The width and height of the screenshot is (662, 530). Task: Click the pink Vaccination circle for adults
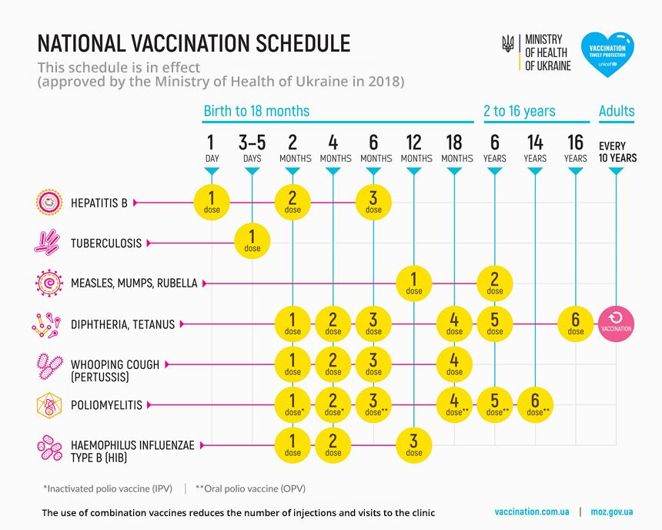tap(616, 323)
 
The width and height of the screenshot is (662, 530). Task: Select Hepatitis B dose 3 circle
tap(373, 202)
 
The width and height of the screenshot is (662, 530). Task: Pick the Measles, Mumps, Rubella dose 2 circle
tap(495, 283)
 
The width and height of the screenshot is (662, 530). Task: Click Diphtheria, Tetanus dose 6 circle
tap(576, 323)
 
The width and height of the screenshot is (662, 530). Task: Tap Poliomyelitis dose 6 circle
tap(535, 404)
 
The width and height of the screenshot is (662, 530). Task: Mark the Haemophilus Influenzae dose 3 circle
tap(414, 444)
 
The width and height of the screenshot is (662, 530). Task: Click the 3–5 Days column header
tap(252, 149)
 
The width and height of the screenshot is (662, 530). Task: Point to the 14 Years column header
tap(535, 149)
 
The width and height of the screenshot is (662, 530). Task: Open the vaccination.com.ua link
tap(532, 512)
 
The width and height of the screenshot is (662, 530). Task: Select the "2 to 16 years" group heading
tap(519, 111)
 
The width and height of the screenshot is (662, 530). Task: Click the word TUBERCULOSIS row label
tap(106, 243)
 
